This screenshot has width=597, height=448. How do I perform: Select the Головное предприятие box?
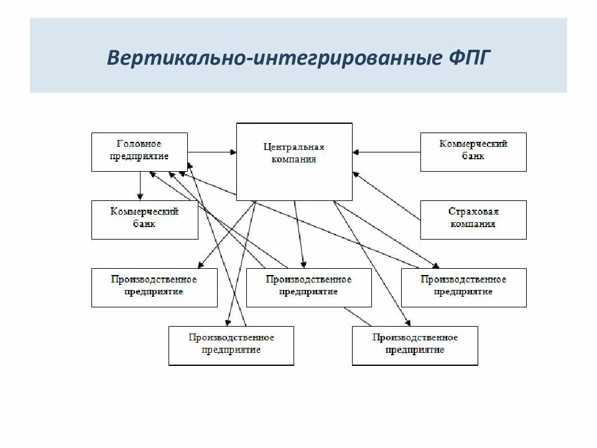[x=139, y=151]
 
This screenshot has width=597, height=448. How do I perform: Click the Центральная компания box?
[x=294, y=161]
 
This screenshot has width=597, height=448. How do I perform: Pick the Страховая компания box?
[x=473, y=219]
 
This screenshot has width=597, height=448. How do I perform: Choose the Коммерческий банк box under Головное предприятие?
[x=144, y=219]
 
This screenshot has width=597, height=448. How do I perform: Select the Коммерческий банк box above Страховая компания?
[x=473, y=151]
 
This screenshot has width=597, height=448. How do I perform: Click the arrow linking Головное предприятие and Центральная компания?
[x=211, y=151]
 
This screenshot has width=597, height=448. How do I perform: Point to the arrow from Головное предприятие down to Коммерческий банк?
[x=141, y=185]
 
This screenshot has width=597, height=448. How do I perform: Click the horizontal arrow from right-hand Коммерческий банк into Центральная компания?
[x=386, y=151]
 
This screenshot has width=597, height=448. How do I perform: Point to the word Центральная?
[x=294, y=147]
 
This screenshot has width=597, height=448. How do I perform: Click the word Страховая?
[x=473, y=212]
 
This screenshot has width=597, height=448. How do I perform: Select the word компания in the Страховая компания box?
[x=473, y=224]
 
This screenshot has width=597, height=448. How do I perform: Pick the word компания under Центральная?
[x=294, y=159]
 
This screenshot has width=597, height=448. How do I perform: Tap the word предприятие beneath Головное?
[x=139, y=156]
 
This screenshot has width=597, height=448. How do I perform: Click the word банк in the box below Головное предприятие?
[x=144, y=224]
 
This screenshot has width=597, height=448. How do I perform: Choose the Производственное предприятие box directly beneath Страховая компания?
[x=463, y=287]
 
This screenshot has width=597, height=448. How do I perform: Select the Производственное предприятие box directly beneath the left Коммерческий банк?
[x=154, y=287]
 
